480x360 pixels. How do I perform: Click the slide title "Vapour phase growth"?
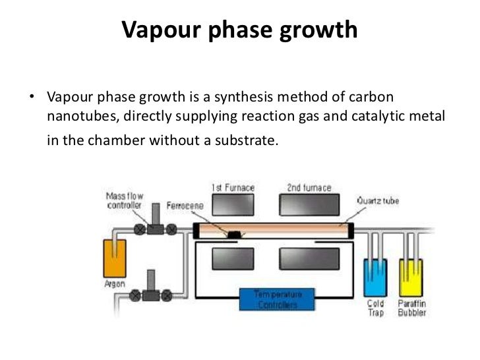click(240, 30)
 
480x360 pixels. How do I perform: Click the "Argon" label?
click(115, 284)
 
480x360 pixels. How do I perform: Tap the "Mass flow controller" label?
click(125, 200)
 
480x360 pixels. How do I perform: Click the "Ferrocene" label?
click(185, 206)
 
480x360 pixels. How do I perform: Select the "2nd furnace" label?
click(309, 187)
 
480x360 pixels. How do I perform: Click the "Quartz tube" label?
click(377, 200)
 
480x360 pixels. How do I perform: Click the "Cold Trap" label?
click(376, 308)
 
